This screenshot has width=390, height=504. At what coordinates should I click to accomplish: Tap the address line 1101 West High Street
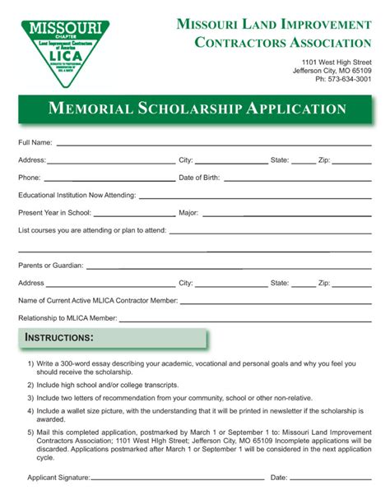pyautogui.click(x=336, y=62)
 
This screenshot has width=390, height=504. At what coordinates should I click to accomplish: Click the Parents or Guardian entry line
pyautogui.click(x=227, y=266)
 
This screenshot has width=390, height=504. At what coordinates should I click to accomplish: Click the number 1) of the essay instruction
pyautogui.click(x=30, y=363)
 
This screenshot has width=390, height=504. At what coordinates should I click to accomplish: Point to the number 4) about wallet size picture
pyautogui.click(x=30, y=409)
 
